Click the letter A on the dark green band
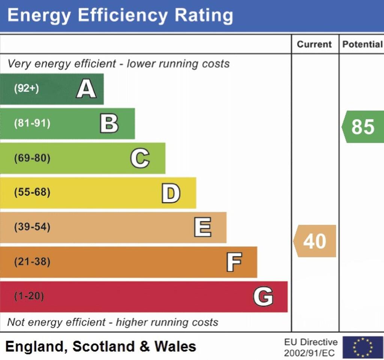click(x=86, y=89)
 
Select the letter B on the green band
click(x=109, y=124)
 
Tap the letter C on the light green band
click(x=140, y=158)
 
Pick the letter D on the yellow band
click(x=171, y=193)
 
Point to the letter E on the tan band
click(x=202, y=227)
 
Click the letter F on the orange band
click(x=234, y=262)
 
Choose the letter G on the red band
click(x=263, y=296)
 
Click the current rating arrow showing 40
click(x=315, y=241)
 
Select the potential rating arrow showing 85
click(x=363, y=127)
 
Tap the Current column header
click(x=314, y=44)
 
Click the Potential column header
click(x=362, y=44)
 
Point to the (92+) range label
click(x=26, y=89)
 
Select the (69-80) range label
click(x=32, y=158)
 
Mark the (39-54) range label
click(x=32, y=227)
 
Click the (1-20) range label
click(x=29, y=296)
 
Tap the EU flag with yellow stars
click(x=363, y=347)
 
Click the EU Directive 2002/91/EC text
click(x=310, y=347)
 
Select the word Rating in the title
click(x=204, y=16)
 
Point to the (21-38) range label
click(x=32, y=262)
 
